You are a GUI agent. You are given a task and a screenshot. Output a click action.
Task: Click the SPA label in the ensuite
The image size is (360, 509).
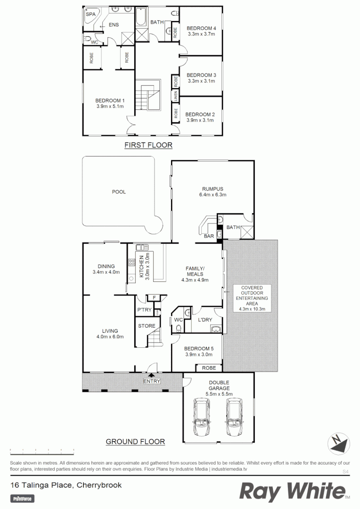[x=89, y=15]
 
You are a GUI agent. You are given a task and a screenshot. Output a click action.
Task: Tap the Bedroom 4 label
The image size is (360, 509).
[x=201, y=27]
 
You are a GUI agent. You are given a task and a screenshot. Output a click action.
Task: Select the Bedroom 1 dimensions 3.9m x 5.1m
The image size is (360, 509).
[x=110, y=107]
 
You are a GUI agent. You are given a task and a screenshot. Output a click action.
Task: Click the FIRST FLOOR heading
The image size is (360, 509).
[x=148, y=145]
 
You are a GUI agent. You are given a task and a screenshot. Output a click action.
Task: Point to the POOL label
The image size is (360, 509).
[x=119, y=192]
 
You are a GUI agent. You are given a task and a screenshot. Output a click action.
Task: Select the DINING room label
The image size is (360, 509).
[x=106, y=266]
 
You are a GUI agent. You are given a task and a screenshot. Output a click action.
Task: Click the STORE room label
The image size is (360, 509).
[x=147, y=326]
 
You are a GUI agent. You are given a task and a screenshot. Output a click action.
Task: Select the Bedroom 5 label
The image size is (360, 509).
[x=199, y=349]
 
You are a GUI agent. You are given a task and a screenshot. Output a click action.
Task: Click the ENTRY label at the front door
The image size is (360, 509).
[x=152, y=381]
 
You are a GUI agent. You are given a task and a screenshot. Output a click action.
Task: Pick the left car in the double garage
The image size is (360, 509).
[x=202, y=417]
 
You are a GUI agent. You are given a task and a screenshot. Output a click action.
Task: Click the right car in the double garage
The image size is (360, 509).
[x=235, y=417]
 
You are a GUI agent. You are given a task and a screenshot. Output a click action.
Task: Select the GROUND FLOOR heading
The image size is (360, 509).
[x=135, y=442]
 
